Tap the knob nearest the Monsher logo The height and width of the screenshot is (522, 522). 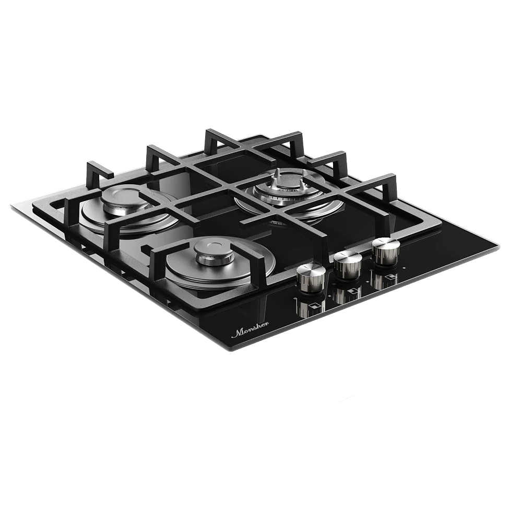click(311, 277)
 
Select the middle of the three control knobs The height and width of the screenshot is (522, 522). click(348, 264)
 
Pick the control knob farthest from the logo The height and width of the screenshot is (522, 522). click(386, 251)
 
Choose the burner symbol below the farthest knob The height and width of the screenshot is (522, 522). click(389, 278)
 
